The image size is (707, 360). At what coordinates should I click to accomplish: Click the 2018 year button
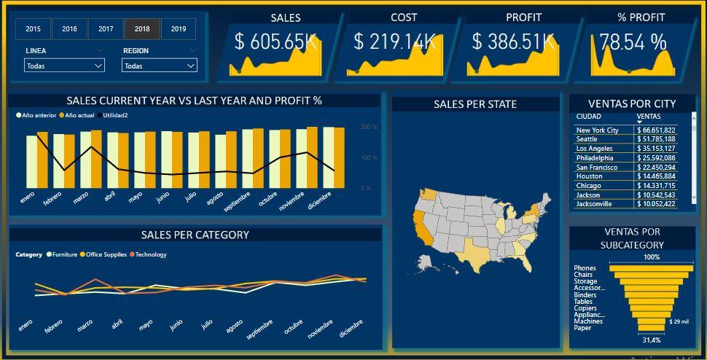point(142,29)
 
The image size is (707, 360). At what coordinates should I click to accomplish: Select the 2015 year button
point(33,29)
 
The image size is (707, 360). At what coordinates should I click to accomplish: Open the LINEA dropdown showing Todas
point(64,66)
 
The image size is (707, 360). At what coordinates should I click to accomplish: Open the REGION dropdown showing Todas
point(159,66)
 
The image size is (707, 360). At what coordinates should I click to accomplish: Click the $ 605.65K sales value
point(276,42)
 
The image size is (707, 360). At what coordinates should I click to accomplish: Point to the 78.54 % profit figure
point(633,42)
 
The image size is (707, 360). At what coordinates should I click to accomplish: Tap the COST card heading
point(403,17)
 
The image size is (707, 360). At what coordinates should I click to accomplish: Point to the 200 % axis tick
point(370,127)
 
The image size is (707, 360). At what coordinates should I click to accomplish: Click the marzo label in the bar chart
point(80,197)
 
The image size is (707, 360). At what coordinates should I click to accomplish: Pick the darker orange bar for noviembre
point(312,157)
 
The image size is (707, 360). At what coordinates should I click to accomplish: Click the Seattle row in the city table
point(587,139)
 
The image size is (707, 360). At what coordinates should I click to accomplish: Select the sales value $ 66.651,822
point(656,130)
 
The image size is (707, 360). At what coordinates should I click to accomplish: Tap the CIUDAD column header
point(589,116)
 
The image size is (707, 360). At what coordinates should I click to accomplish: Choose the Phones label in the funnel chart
point(585,268)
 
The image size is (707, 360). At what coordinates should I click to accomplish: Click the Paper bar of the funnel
point(652,328)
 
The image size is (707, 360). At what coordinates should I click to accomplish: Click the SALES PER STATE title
point(474,104)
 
